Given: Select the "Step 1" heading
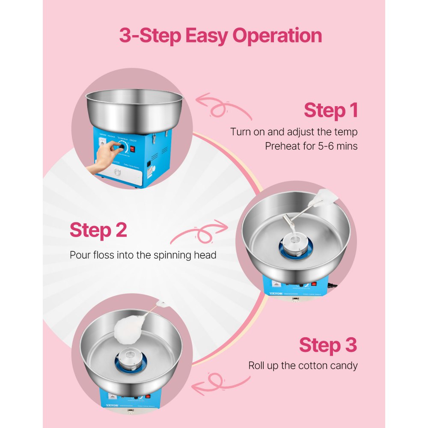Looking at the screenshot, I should pos(330,110).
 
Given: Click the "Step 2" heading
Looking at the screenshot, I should pos(98,230).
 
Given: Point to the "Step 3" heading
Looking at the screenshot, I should pos(327,345).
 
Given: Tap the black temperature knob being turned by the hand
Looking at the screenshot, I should pos(122,147).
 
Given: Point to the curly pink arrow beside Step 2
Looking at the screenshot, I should pos(199,233).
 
